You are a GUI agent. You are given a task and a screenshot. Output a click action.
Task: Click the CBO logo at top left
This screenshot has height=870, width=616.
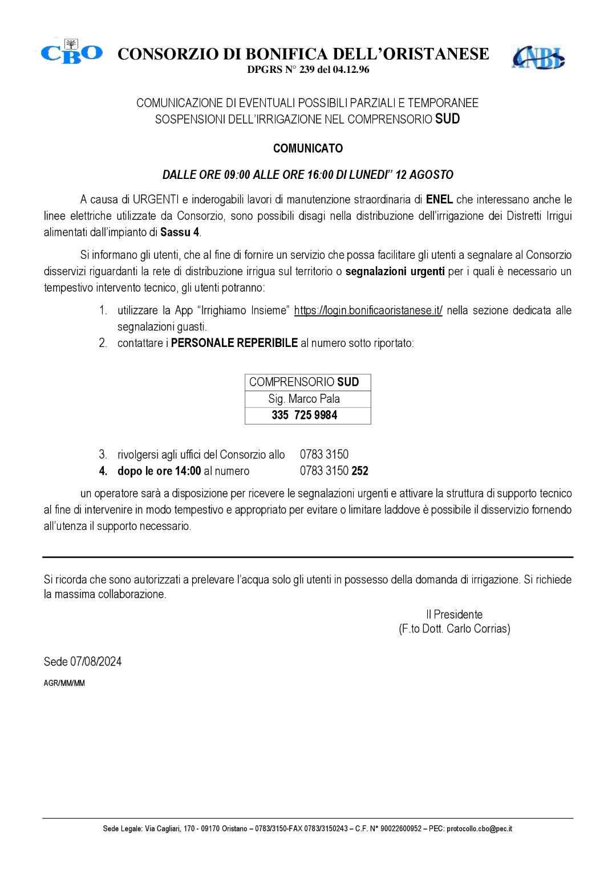(71, 52)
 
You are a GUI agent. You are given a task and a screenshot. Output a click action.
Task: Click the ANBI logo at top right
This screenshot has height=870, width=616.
(538, 57)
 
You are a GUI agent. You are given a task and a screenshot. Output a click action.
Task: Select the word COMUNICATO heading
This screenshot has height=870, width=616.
(308, 149)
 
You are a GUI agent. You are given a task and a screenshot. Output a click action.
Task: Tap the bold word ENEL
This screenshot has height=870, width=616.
(439, 199)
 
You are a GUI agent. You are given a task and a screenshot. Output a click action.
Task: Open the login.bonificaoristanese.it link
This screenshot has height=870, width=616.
(368, 311)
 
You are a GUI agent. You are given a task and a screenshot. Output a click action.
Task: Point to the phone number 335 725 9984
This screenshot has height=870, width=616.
(305, 415)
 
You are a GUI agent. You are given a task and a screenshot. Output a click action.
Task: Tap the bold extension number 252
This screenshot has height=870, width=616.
(360, 471)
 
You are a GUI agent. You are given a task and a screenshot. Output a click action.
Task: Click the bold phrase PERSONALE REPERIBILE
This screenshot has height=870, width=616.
(234, 344)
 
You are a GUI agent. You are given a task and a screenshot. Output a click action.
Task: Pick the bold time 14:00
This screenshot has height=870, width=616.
(191, 471)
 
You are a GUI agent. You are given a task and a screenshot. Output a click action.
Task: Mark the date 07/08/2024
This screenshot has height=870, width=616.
(96, 661)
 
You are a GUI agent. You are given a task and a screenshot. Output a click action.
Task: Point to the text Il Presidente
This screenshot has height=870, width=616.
(454, 615)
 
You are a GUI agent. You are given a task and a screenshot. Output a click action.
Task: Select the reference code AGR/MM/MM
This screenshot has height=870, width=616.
(64, 684)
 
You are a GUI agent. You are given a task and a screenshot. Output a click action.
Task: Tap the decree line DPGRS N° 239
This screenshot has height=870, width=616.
(308, 70)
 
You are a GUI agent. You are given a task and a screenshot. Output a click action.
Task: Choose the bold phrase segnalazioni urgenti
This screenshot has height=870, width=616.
(395, 272)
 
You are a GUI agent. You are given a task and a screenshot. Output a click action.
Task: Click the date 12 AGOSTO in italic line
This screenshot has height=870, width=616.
(424, 174)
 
